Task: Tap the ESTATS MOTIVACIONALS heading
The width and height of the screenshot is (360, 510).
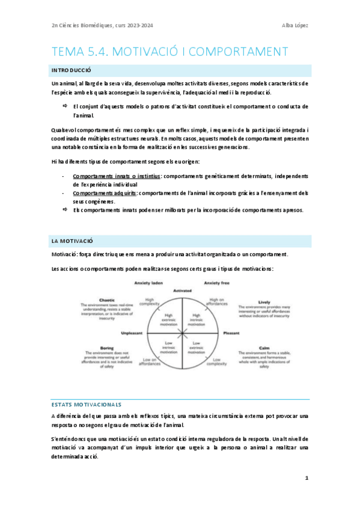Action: [x=87, y=404]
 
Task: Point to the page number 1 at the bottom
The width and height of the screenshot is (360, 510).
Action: [x=307, y=478]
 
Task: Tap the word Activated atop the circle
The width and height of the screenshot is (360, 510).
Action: [x=182, y=290]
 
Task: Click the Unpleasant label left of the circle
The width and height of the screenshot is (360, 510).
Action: [x=132, y=333]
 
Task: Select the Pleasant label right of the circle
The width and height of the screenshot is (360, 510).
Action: [x=231, y=333]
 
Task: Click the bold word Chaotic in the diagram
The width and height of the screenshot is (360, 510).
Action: [x=108, y=300]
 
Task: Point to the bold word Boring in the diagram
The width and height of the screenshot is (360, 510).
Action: [x=108, y=348]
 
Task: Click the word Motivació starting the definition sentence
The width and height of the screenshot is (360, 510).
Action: [x=64, y=254]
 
